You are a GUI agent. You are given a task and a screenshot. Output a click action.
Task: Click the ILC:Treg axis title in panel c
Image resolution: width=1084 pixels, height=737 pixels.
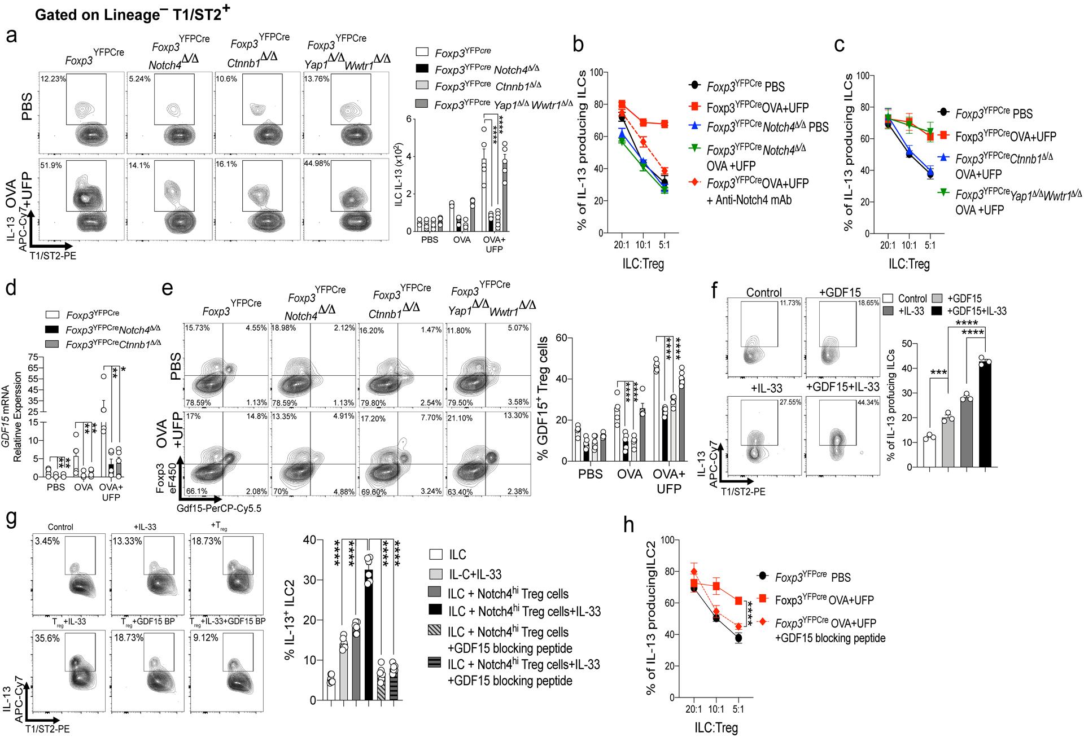(908, 264)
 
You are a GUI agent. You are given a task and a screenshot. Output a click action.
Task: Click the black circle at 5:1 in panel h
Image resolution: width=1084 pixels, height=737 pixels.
(738, 638)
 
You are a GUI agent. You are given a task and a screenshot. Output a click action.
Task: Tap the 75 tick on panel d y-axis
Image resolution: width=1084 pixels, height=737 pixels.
(32, 357)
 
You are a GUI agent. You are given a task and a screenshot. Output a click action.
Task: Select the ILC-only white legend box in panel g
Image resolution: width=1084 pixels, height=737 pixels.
(434, 555)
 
